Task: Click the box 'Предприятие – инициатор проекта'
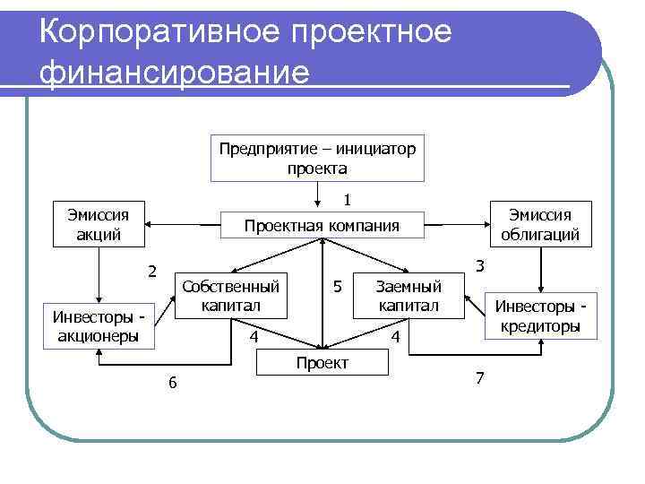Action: (317, 158)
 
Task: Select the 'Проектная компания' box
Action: (322, 225)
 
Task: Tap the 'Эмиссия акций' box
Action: (99, 224)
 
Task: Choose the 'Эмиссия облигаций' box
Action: (540, 224)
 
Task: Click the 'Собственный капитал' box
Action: (230, 296)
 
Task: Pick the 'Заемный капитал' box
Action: (408, 296)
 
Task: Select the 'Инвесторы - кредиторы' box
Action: (540, 316)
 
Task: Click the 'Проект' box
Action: (322, 362)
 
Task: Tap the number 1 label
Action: (347, 197)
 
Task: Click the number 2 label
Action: (152, 272)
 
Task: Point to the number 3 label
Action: (480, 265)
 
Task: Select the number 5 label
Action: (337, 287)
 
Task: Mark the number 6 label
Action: (173, 383)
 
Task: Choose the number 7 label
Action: (479, 378)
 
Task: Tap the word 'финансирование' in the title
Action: (174, 72)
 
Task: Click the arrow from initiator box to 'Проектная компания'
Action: (318, 195)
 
